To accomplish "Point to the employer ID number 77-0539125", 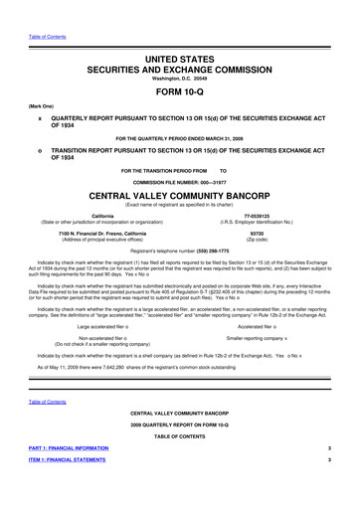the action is point(284,216).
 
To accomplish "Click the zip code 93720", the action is point(284,236).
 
